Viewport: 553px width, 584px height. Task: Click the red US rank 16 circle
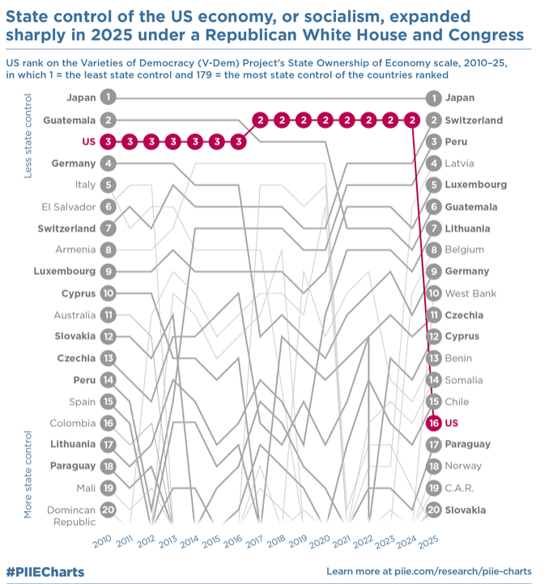[x=434, y=423]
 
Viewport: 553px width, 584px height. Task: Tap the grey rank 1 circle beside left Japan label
[x=108, y=97]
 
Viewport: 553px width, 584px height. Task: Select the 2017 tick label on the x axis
[x=254, y=542]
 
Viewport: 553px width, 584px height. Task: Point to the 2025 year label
[x=428, y=542]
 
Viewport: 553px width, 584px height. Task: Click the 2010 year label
[x=102, y=541]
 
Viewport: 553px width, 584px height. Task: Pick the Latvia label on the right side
[x=460, y=163]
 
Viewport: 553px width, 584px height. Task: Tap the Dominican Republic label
[x=71, y=516]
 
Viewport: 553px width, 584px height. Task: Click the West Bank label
[x=470, y=293]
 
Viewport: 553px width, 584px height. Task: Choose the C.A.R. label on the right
[x=459, y=488]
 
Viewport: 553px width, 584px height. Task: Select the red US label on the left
[x=89, y=142]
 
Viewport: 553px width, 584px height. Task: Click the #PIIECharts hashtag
[x=45, y=572]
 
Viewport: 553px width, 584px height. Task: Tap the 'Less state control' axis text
[x=28, y=136]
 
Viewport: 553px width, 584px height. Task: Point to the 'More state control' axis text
[x=28, y=475]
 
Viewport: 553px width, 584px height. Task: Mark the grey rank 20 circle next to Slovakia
[x=434, y=509]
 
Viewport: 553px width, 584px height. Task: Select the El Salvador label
[x=69, y=207]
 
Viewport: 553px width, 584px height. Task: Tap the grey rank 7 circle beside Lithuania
[x=434, y=228]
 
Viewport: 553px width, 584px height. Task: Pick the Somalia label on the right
[x=464, y=380]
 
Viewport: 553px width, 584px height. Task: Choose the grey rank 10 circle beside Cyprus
[x=108, y=293]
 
